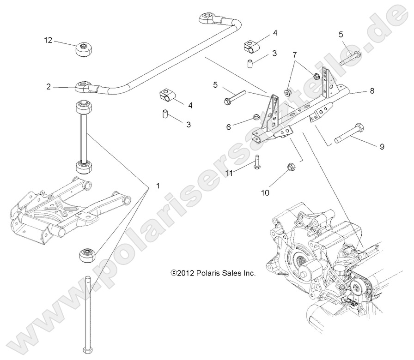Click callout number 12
(x=49, y=41)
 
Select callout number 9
(x=382, y=147)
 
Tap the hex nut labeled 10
(x=292, y=166)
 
